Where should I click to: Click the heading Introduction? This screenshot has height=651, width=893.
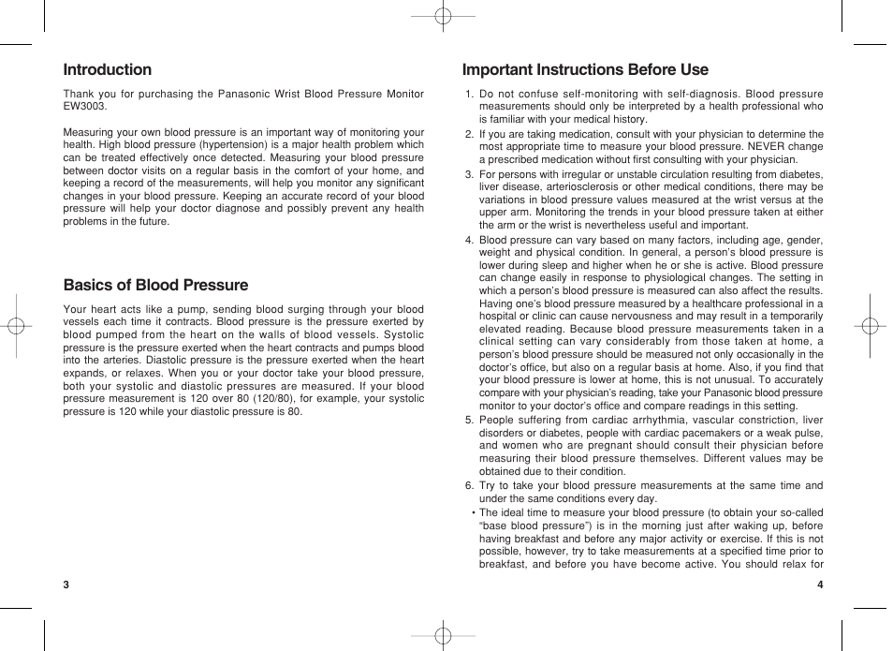107,69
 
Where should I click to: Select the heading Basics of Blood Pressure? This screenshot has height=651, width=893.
155,285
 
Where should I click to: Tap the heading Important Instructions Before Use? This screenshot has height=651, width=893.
585,69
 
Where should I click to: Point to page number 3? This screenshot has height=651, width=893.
66,585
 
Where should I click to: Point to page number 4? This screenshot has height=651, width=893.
819,585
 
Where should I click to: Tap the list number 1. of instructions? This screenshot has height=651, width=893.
470,94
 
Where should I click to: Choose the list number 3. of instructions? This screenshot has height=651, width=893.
470,174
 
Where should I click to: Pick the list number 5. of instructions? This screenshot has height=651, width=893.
470,421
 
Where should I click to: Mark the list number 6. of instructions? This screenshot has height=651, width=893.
470,486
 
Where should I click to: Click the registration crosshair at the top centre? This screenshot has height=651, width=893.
444,16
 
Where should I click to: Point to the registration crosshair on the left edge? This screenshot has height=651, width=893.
16,326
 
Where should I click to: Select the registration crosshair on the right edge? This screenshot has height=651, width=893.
870,326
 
